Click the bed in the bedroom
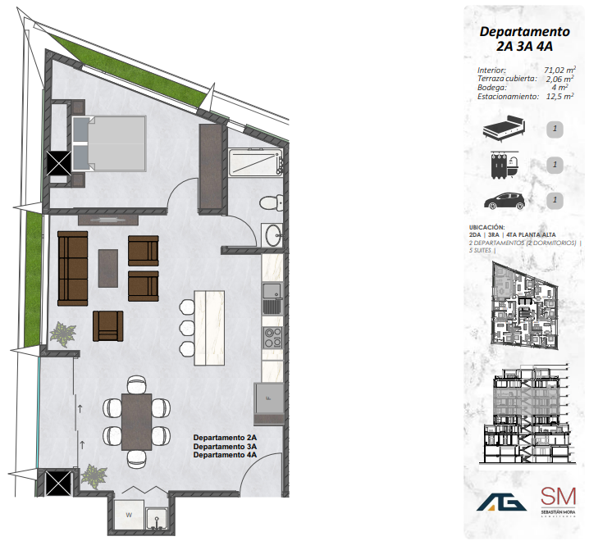point(110,143)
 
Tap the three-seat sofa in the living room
point(72,267)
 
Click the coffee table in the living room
point(108,267)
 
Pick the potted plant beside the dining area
point(94,475)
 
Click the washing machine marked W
point(130,516)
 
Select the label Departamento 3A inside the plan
point(225,446)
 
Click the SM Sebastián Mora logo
point(558,500)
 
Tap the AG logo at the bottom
point(501,502)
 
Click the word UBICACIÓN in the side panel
point(486,226)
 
